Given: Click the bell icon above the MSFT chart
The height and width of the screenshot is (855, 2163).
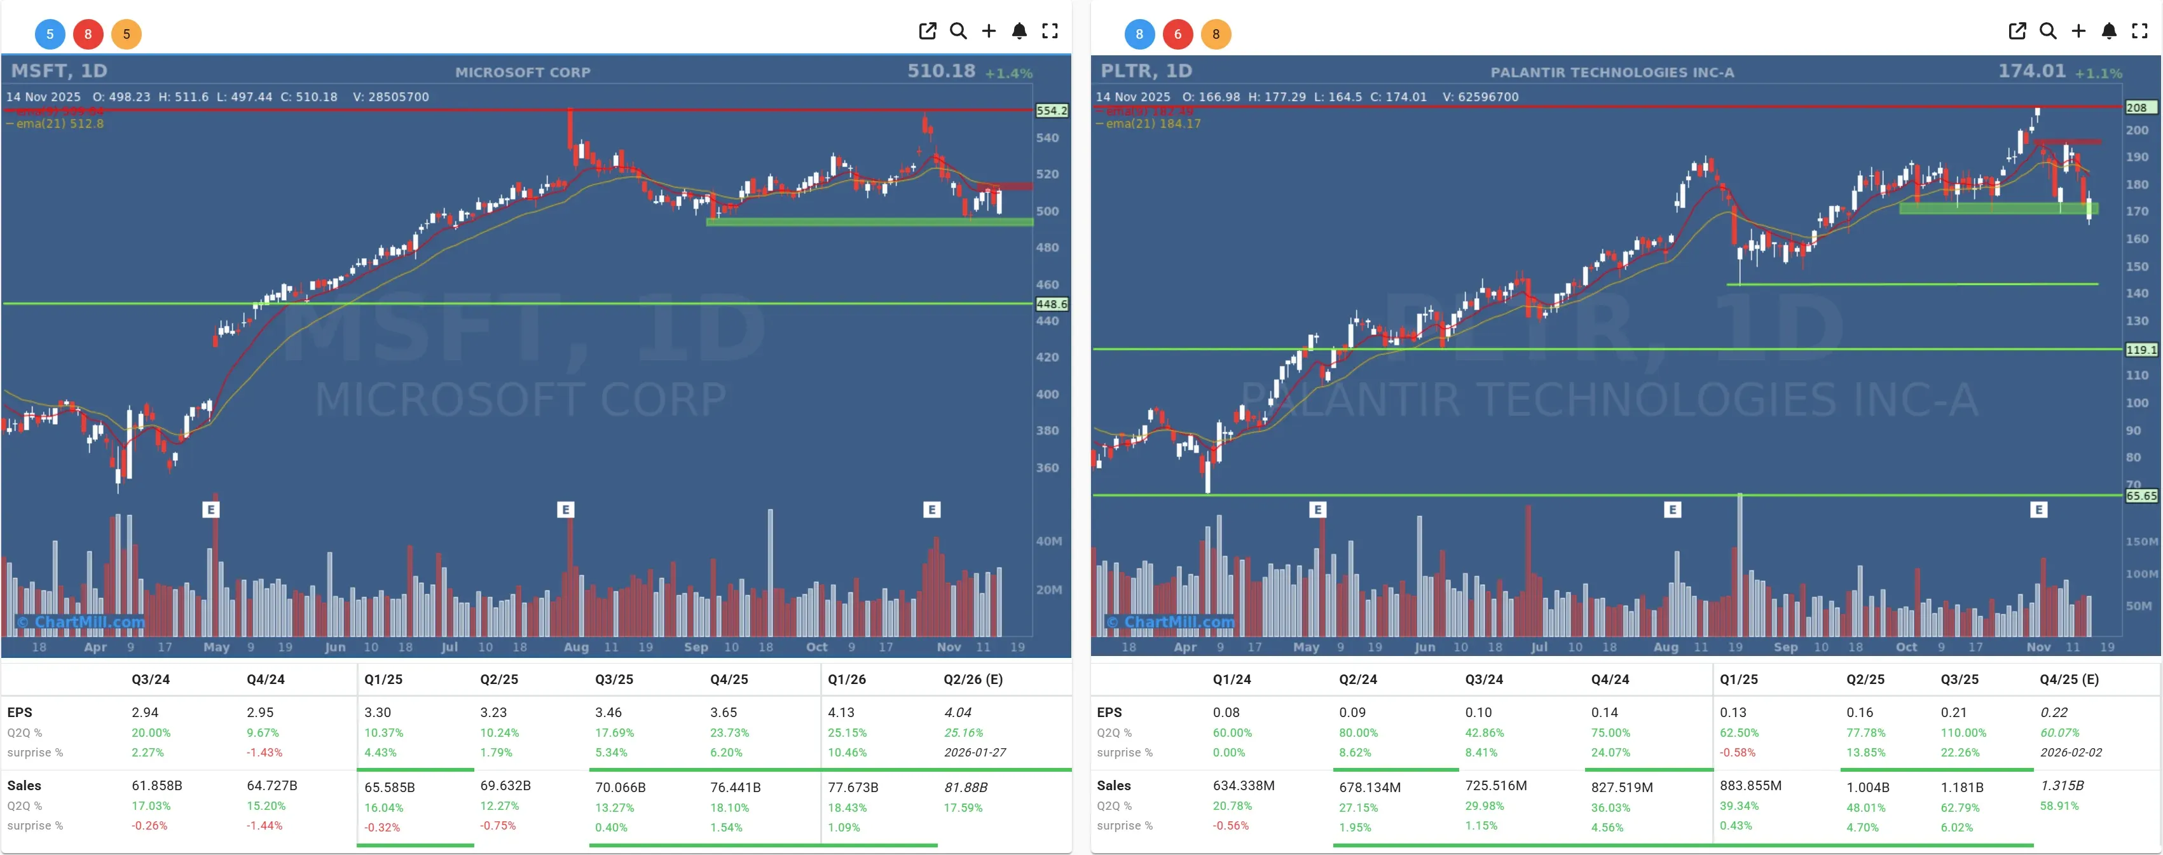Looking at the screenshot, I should [1019, 31].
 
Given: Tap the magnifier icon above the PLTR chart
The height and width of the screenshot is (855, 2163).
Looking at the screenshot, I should [2047, 31].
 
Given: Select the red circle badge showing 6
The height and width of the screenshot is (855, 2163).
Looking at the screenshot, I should [1178, 34].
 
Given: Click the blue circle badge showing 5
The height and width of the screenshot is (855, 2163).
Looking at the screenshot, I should [50, 34].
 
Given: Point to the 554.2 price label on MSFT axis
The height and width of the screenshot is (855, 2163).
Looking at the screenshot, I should [1051, 111].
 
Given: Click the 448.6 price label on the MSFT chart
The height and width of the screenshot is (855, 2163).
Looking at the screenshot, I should [1051, 304].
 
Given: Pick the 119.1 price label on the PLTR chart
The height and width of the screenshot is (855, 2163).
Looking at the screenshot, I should [2140, 350].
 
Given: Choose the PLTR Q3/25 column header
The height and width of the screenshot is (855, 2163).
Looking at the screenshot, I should [1959, 680].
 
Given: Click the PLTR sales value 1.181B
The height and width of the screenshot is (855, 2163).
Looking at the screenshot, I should [1961, 787].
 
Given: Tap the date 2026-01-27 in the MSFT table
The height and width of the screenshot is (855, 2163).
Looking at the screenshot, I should [974, 753].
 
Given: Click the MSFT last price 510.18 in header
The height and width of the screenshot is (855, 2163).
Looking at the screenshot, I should [940, 71].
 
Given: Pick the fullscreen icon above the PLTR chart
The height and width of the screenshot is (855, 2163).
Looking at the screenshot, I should [2139, 31].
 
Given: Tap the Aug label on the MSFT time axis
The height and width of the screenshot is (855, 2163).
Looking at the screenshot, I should [576, 646].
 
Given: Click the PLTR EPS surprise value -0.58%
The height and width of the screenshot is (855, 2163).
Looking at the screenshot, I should [1736, 753].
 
